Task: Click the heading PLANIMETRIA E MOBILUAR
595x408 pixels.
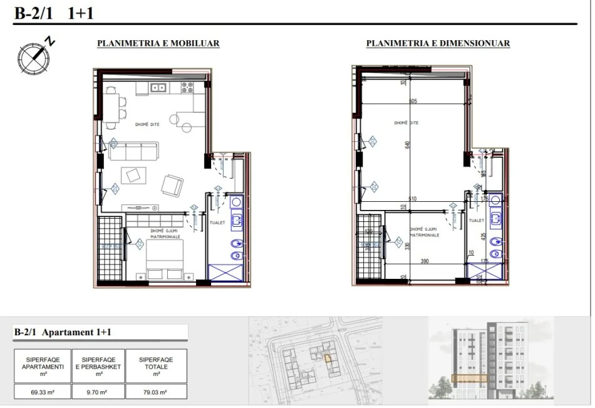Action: (x=158, y=44)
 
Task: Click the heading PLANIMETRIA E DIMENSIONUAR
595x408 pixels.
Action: (x=438, y=44)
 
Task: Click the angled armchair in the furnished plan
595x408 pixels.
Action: (x=173, y=184)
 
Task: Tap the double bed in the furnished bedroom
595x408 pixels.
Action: (x=165, y=262)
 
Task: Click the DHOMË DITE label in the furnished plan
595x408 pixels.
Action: (x=147, y=125)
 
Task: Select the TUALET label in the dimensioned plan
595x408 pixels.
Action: (x=477, y=221)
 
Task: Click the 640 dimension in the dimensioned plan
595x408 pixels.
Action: (x=407, y=144)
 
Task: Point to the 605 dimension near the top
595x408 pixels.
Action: (x=413, y=101)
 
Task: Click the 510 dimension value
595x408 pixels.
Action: (x=412, y=199)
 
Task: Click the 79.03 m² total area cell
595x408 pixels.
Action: (x=155, y=392)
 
